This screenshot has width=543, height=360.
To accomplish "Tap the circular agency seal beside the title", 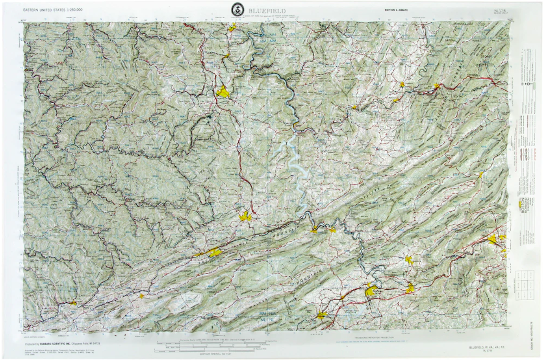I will [x=237, y=8].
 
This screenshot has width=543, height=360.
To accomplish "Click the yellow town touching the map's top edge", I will [x=232, y=27].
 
